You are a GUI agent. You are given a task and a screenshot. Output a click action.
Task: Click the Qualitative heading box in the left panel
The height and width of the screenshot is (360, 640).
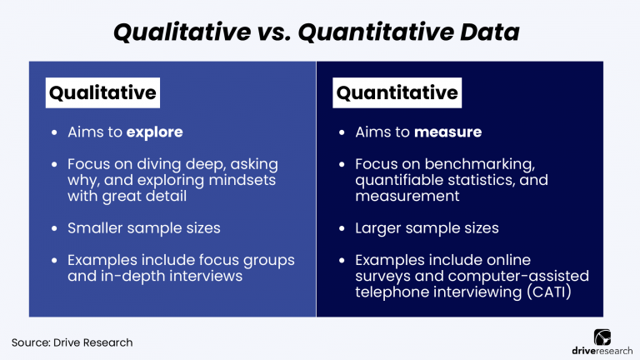tap(102, 92)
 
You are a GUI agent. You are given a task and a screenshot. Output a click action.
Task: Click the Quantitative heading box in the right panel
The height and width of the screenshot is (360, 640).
tap(397, 92)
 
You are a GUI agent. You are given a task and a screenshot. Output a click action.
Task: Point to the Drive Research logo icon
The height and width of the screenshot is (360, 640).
tap(602, 335)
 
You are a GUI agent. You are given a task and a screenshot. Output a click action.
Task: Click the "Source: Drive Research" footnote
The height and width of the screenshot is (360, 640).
tap(72, 342)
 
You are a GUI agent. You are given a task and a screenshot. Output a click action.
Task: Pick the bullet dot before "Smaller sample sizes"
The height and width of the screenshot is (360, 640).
tap(54, 227)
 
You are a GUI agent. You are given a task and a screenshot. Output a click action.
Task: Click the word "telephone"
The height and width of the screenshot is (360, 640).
tap(392, 292)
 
